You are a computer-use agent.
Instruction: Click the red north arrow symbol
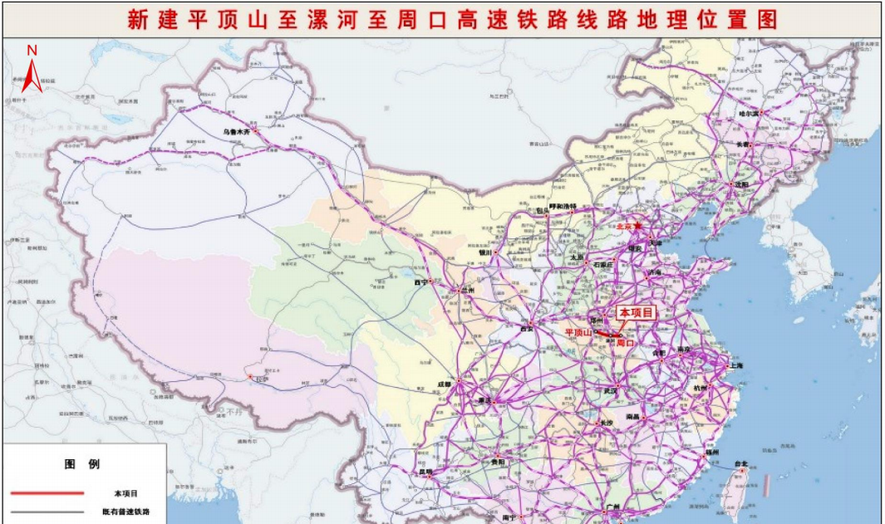[32, 78]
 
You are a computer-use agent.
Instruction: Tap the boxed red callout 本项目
[635, 312]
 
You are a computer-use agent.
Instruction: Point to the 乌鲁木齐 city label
[235, 130]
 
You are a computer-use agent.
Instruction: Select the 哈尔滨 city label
[750, 113]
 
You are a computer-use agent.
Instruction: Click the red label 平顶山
[578, 332]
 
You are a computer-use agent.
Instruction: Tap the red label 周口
[626, 342]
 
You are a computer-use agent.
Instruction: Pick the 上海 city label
[734, 366]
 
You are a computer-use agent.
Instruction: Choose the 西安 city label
[526, 329]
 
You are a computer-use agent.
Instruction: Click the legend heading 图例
[82, 464]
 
